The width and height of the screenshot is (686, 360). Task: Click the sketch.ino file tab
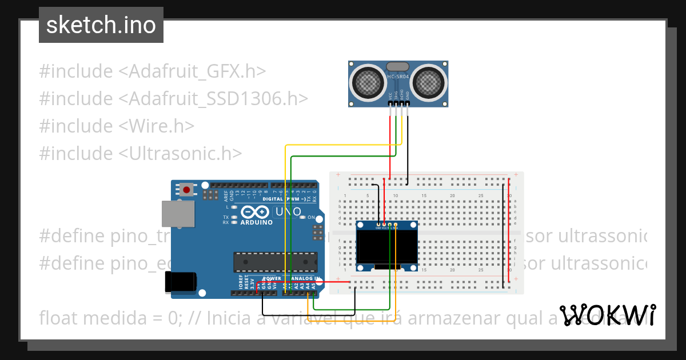(101, 25)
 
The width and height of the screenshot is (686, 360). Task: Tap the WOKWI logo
(607, 315)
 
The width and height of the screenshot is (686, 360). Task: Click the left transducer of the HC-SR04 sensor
(368, 82)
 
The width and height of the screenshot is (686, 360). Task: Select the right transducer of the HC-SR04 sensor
(428, 82)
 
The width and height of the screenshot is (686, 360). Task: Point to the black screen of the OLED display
(386, 246)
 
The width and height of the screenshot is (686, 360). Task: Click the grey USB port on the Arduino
(178, 214)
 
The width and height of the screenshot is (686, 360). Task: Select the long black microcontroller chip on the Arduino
(275, 262)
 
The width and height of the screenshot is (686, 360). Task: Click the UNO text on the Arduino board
(289, 212)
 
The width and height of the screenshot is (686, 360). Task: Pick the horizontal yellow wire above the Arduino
(343, 146)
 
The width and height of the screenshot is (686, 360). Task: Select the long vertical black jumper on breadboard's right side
(504, 234)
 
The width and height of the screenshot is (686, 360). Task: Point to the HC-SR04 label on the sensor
(398, 76)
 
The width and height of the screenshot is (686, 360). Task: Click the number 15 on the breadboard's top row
(424, 196)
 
